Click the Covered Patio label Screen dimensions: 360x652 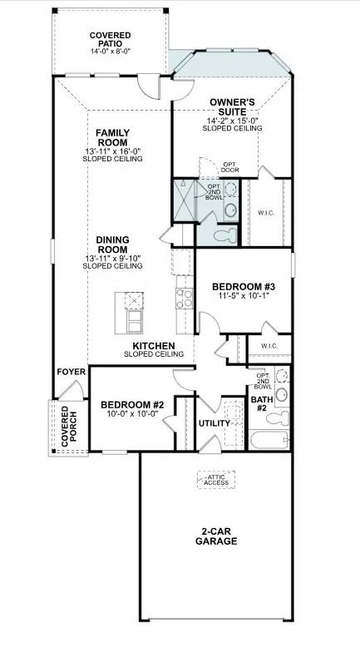coord(110,40)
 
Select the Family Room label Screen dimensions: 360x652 coord(113,138)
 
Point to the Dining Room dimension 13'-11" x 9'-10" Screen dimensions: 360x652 coord(112,259)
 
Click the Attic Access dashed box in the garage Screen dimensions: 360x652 coord(216,480)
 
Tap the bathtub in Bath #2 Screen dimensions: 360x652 coord(269,439)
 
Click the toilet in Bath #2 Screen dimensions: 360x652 coord(278,417)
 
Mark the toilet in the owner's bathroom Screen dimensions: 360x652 coord(224,236)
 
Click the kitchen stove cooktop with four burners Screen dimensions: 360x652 coord(185,299)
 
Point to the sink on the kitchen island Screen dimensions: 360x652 coord(135,299)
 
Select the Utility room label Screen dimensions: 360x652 coord(215,423)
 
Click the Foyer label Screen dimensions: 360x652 coord(72,372)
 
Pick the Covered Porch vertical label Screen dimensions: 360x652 coord(69,427)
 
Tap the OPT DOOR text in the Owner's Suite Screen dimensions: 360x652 coord(229,167)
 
